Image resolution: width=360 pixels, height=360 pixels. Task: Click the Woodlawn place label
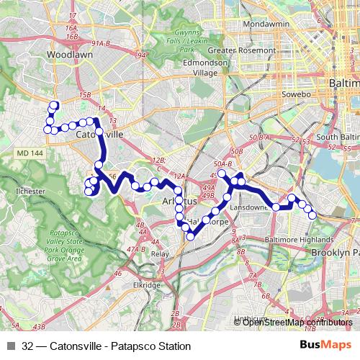click(x=66, y=54)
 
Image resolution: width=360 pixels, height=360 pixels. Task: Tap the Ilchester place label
click(x=31, y=191)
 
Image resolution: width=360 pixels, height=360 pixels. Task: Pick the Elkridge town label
click(x=147, y=285)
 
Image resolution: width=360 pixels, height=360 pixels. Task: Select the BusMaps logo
click(x=326, y=345)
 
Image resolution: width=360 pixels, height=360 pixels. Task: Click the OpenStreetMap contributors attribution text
click(x=297, y=322)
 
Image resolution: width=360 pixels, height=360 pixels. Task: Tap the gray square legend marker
click(x=11, y=346)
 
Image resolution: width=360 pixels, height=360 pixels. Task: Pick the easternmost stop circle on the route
click(x=312, y=215)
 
